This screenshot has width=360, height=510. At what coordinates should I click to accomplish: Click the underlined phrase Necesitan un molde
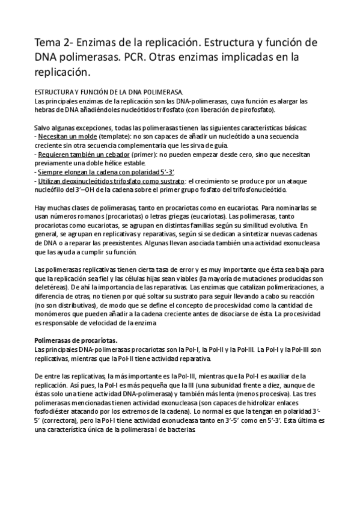[x=65, y=137]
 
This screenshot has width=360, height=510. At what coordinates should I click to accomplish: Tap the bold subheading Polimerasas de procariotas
[x=76, y=340]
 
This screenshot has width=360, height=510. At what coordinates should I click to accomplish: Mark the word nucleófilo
[x=54, y=189]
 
